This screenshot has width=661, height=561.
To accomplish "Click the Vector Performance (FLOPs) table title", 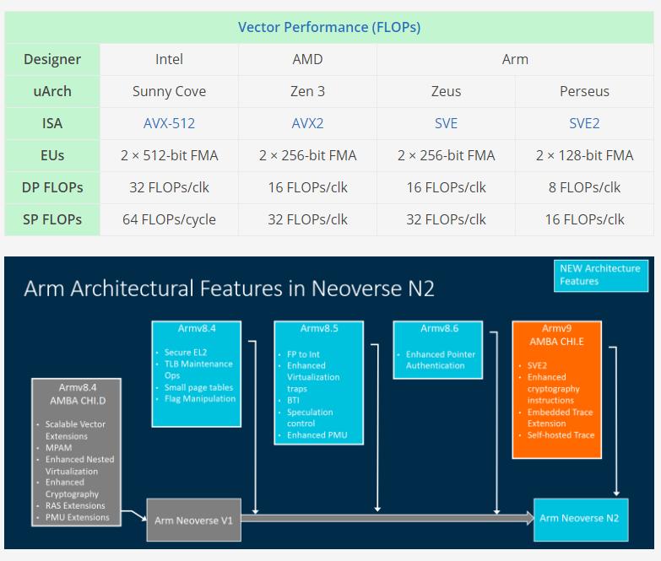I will (x=329, y=27).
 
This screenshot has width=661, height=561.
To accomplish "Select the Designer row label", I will (x=52, y=59).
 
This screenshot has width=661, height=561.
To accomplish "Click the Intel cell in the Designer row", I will (x=169, y=59).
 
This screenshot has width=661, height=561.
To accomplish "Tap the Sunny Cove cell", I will (x=169, y=91).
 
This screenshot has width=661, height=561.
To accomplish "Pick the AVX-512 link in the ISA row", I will (x=169, y=123).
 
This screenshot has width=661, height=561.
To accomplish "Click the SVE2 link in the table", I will (x=584, y=123).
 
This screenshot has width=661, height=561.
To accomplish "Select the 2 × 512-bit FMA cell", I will (x=169, y=155).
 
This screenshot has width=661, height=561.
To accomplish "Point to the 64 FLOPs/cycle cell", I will (x=169, y=219).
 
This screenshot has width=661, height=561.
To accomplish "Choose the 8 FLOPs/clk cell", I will (x=584, y=187).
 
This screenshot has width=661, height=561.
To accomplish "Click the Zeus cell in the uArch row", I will (x=446, y=91).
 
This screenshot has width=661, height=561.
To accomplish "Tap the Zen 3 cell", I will (x=307, y=91).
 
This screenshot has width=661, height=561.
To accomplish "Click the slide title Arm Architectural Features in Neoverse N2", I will (x=229, y=289).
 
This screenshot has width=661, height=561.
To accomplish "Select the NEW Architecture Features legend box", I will (x=599, y=275).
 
